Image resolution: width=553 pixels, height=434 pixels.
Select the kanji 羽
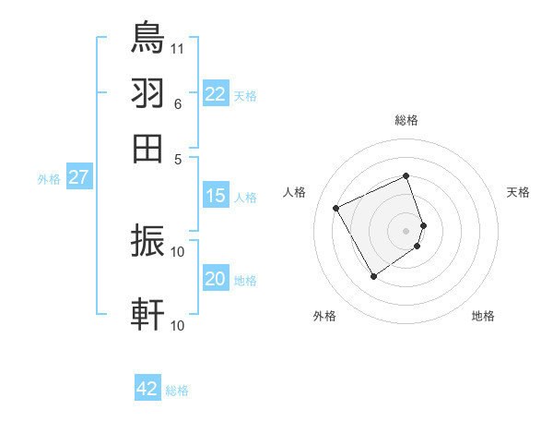148,93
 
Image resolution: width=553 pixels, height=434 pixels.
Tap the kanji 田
148,148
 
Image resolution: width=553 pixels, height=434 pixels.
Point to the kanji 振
148,242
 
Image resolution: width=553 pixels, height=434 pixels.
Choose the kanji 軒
148,314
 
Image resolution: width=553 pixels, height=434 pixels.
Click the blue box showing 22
216,94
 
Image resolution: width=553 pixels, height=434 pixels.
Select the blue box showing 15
216,196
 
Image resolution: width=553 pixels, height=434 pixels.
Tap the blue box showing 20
216,280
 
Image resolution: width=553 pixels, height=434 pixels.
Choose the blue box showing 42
147,389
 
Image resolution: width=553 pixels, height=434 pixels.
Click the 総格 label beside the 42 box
178,391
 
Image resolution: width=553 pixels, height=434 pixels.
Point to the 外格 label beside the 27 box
49,179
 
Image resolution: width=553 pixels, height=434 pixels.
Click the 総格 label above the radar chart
406,120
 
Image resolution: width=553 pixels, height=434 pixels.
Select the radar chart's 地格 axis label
483,316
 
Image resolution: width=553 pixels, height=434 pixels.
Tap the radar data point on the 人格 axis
335,208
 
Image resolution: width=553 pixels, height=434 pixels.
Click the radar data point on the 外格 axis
373,276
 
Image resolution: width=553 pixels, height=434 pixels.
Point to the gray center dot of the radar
406,230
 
